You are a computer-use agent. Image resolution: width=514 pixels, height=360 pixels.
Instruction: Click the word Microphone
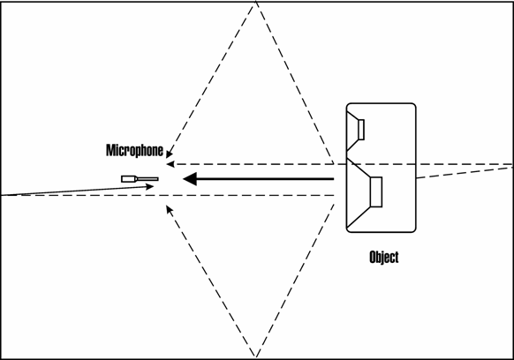pos(135,150)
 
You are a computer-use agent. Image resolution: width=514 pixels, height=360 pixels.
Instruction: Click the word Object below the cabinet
pos(384,257)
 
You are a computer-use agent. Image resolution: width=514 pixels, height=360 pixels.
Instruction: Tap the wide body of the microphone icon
pos(130,179)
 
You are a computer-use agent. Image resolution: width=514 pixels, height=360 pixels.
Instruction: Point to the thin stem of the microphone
pos(147,179)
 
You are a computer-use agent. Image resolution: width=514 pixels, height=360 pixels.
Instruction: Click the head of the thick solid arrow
pos(190,179)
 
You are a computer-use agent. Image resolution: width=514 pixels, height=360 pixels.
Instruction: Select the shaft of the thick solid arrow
pos(265,179)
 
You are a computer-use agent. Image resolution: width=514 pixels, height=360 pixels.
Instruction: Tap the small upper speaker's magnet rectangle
pos(361,130)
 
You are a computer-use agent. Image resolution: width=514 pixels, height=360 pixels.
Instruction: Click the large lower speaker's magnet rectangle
pos(376,192)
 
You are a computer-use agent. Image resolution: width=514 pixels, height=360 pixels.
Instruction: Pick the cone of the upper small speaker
pos(352,131)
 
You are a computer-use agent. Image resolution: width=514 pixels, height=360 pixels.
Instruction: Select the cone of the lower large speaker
pos(359,192)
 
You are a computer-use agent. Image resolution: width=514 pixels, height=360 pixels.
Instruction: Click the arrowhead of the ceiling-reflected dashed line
pos(170,154)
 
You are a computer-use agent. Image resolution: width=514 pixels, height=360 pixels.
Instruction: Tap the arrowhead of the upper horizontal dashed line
pos(170,164)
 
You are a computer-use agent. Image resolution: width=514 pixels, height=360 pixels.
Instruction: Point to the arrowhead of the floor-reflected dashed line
pos(170,208)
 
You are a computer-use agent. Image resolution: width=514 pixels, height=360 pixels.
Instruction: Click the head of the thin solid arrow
pos(150,187)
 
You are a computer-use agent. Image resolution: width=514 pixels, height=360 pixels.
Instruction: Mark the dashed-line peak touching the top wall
pos(256,3)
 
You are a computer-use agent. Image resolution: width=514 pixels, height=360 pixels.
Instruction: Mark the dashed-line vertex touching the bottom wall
pos(256,356)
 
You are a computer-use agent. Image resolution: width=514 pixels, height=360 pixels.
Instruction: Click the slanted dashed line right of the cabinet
pos(465,173)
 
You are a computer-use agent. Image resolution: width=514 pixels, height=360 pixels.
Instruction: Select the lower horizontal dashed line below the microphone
pos(168,196)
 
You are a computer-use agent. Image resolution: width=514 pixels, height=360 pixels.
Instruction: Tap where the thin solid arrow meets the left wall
pos(2,195)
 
